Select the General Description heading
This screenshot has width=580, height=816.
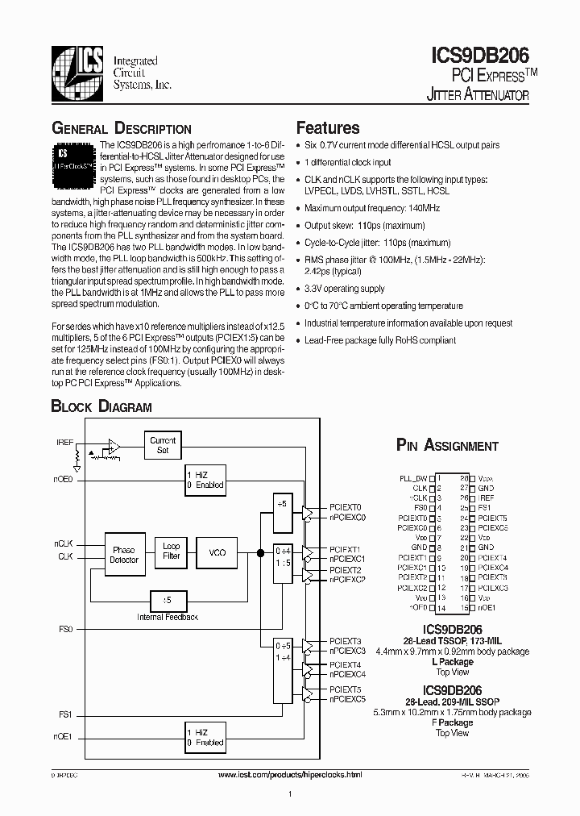(122, 129)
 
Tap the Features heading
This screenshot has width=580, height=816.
(328, 127)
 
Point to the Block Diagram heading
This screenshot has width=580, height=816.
(101, 407)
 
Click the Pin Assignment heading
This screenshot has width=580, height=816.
(447, 445)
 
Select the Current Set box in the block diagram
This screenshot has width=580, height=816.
(163, 445)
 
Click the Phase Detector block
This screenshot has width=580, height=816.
(125, 555)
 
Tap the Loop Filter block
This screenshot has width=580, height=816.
(171, 551)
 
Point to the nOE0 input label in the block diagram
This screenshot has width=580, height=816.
(63, 479)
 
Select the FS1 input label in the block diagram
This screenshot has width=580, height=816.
(65, 714)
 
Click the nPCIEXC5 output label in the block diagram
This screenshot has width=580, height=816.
(347, 699)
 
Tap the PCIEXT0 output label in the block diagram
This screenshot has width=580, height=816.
(345, 507)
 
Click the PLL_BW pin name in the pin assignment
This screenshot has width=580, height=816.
(413, 478)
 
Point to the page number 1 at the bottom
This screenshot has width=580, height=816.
(288, 795)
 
